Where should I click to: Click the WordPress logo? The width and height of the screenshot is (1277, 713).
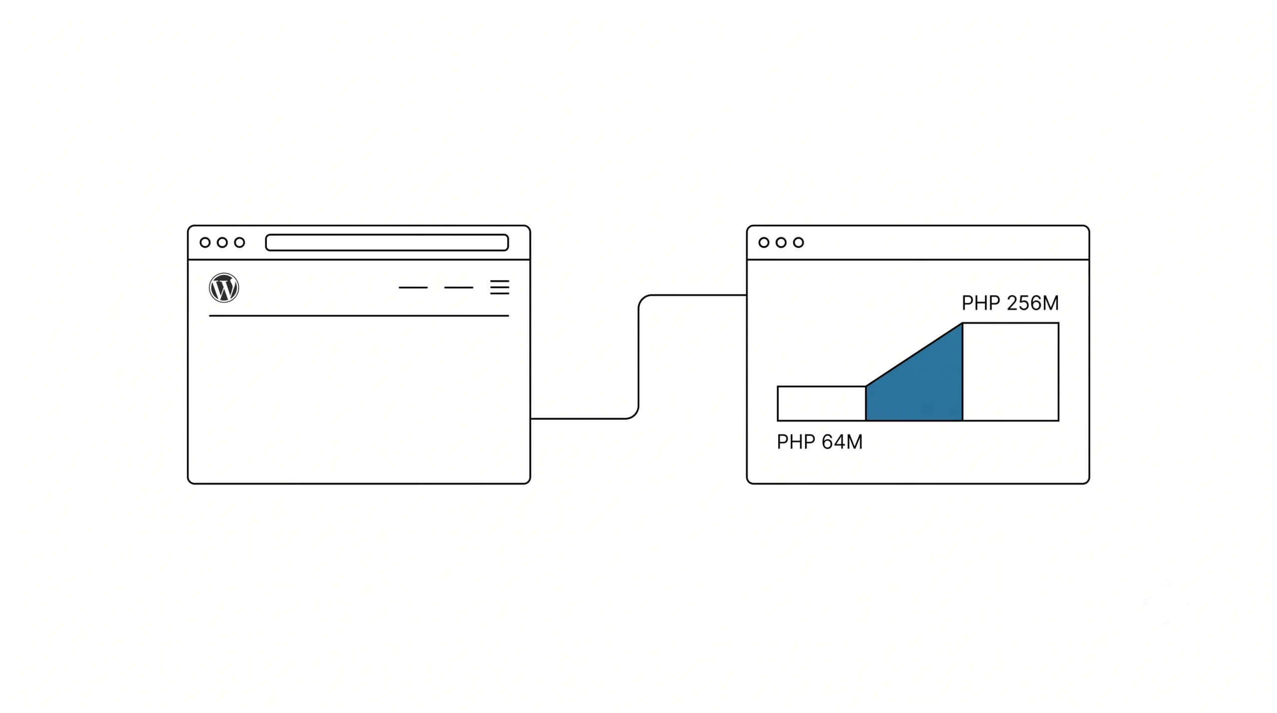pos(224,287)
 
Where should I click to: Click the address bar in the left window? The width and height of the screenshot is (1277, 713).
pos(387,242)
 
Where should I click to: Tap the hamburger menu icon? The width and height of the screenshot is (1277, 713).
pos(499,287)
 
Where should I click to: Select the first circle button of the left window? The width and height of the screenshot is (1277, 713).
pos(205,242)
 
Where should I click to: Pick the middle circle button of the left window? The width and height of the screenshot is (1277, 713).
pos(222,242)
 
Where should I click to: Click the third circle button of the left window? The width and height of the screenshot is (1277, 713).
pos(239,242)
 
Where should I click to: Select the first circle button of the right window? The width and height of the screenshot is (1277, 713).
pos(764,242)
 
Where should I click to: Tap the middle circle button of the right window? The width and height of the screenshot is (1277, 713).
pos(781,242)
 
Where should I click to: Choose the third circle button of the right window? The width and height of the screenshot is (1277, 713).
pos(799,242)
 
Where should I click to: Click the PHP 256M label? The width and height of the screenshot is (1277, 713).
pos(1010,303)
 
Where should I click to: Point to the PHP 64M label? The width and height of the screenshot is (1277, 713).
pos(820,442)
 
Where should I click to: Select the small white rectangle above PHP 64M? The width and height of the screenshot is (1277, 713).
pos(822,404)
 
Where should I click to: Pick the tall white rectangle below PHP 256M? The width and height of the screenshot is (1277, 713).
pos(1011,372)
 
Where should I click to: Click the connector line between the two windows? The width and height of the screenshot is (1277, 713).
pos(638,357)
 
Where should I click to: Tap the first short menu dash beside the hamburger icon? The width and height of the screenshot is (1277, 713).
pos(413,287)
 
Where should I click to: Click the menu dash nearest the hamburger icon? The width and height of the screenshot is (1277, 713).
pos(458,287)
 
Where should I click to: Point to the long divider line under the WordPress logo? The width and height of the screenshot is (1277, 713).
pos(359,316)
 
